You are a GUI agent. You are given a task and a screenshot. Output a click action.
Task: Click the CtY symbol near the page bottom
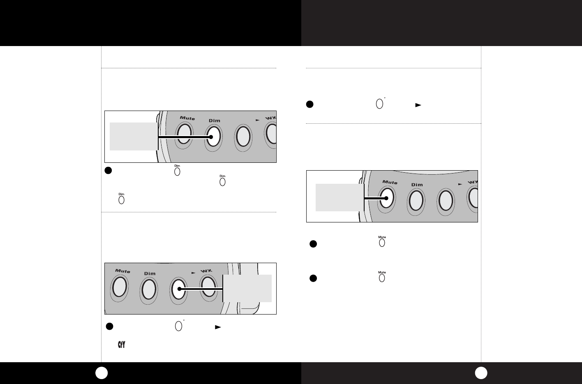[x=121, y=345]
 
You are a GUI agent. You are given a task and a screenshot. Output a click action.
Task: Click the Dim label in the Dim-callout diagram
[x=215, y=120]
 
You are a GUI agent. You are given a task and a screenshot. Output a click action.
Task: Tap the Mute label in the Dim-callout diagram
[x=187, y=118]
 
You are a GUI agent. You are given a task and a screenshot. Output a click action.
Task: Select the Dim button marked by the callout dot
[x=214, y=136]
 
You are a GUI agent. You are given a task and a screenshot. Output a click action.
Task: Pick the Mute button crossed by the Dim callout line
[x=184, y=134]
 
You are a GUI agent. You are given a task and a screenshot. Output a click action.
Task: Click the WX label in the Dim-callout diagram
[x=270, y=118]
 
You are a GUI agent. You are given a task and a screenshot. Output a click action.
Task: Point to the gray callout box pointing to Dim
[x=134, y=136]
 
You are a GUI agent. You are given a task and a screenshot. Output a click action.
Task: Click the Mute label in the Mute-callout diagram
[x=390, y=183]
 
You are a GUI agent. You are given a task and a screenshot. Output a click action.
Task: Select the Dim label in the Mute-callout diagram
[x=417, y=185]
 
